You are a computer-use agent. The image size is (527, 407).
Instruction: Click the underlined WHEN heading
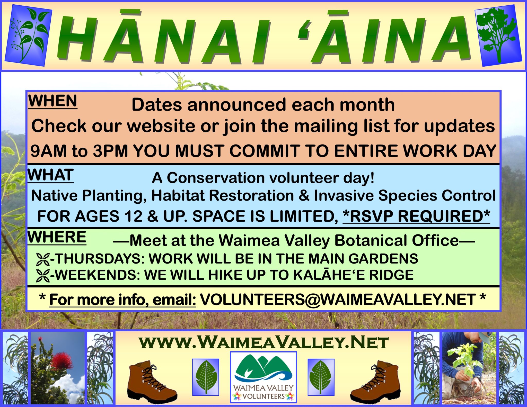[x=52, y=101]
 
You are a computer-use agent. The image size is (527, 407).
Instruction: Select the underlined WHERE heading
[x=57, y=237]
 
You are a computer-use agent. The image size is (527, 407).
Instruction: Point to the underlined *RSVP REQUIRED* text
[x=416, y=216]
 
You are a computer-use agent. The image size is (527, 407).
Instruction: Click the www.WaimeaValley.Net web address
[x=263, y=342]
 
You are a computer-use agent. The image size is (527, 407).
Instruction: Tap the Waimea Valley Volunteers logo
[x=263, y=377]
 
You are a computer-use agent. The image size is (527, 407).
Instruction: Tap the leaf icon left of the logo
[x=206, y=377]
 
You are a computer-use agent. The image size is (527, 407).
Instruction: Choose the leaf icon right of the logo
[x=321, y=377]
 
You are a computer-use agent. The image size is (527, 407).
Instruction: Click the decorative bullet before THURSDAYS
[x=43, y=259]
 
